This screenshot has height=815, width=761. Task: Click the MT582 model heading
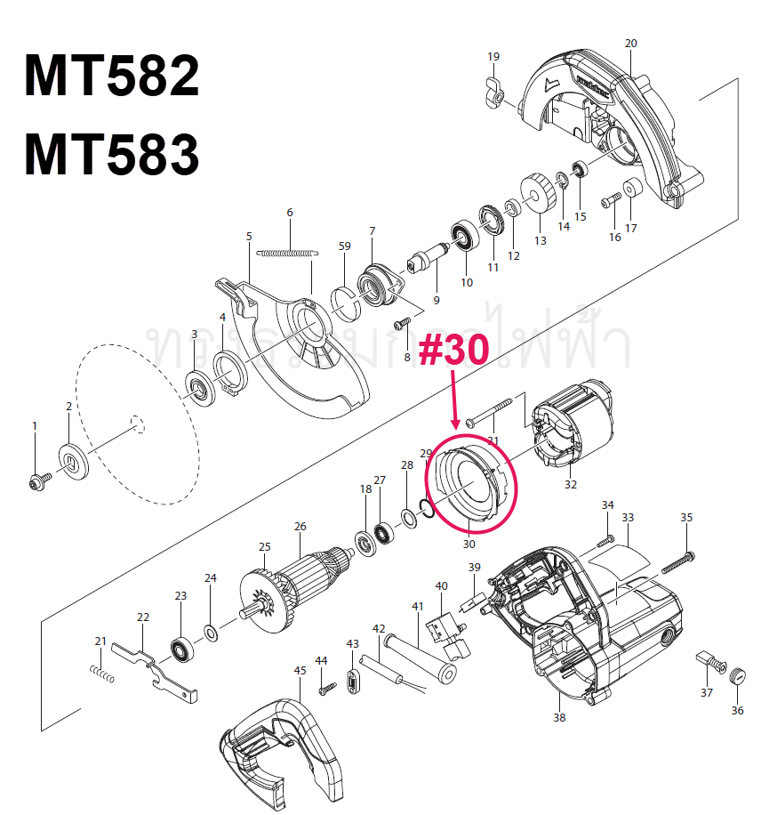pos(112,77)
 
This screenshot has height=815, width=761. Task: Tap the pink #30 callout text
pos(453,351)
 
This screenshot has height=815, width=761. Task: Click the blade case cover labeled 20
pos(613,125)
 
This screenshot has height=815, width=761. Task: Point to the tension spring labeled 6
pos(285,253)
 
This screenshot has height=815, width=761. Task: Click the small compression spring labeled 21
pos(103,675)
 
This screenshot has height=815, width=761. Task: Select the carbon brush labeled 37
pos(707,663)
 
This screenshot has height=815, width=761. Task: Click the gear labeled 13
pos(536,193)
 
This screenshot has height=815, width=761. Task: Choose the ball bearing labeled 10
pos(464,236)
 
